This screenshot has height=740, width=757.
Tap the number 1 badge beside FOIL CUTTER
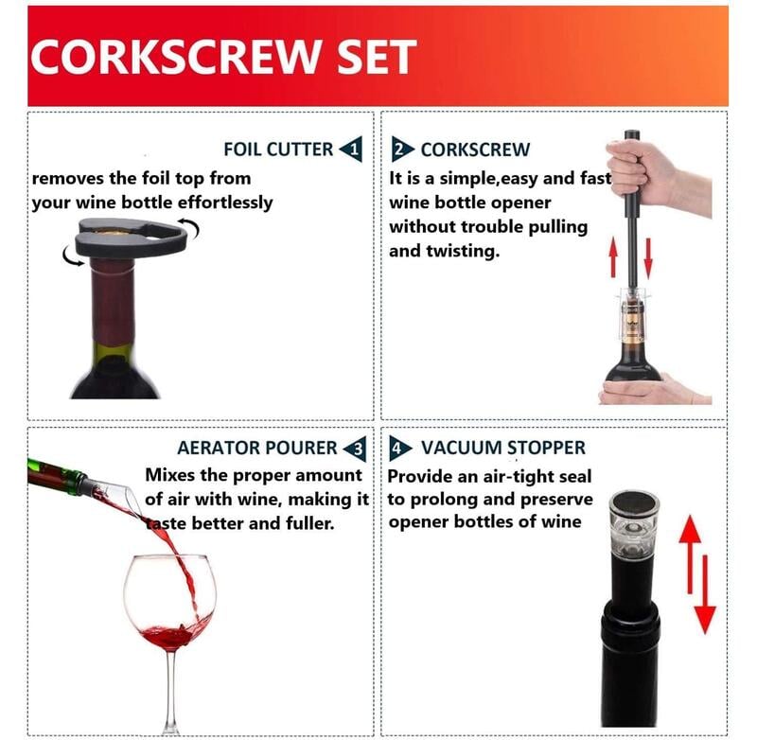tap(350, 149)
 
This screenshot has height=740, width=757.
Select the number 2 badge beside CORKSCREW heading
tap(403, 149)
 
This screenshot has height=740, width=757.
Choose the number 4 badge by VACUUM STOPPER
tap(402, 448)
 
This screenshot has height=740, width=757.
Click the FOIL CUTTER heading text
tap(278, 150)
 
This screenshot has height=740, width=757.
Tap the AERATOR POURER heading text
tap(256, 448)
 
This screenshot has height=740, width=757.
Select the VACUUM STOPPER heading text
tap(503, 448)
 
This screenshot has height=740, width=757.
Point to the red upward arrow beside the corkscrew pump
tap(612, 258)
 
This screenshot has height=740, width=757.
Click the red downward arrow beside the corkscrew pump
tap(648, 258)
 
